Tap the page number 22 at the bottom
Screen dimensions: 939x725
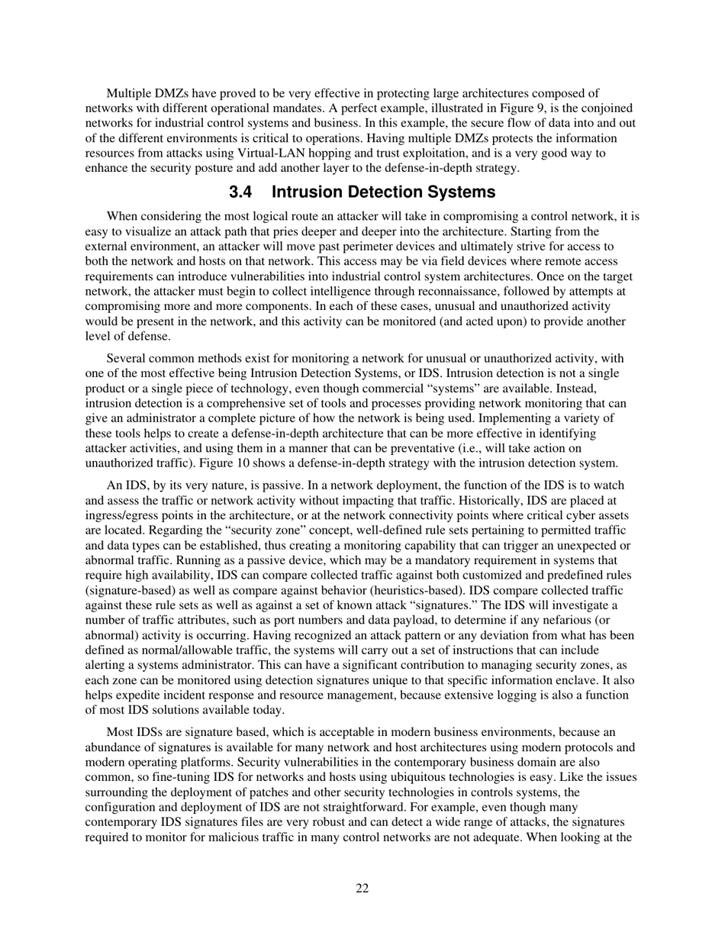click(x=362, y=888)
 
